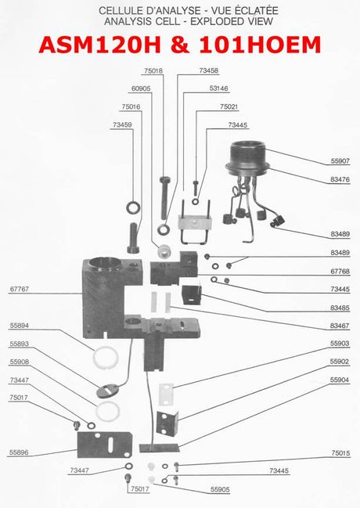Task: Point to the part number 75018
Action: coord(154,70)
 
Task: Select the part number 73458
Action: coord(208,70)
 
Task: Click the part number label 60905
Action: coord(141,88)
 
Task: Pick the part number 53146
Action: coord(218,88)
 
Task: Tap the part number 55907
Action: coord(340,161)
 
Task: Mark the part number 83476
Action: coord(340,180)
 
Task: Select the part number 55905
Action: coord(220,489)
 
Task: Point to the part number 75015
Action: coord(340,453)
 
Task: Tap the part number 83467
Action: coord(340,325)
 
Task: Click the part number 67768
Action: coord(340,271)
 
